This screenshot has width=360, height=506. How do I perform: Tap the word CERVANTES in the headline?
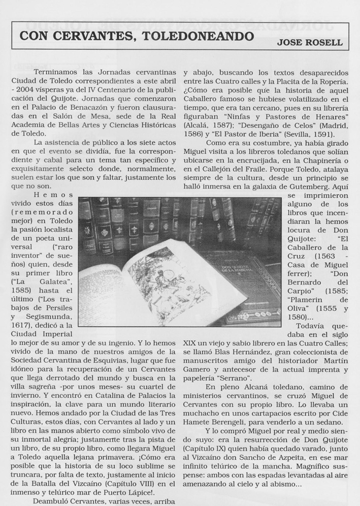coord(96,37)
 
